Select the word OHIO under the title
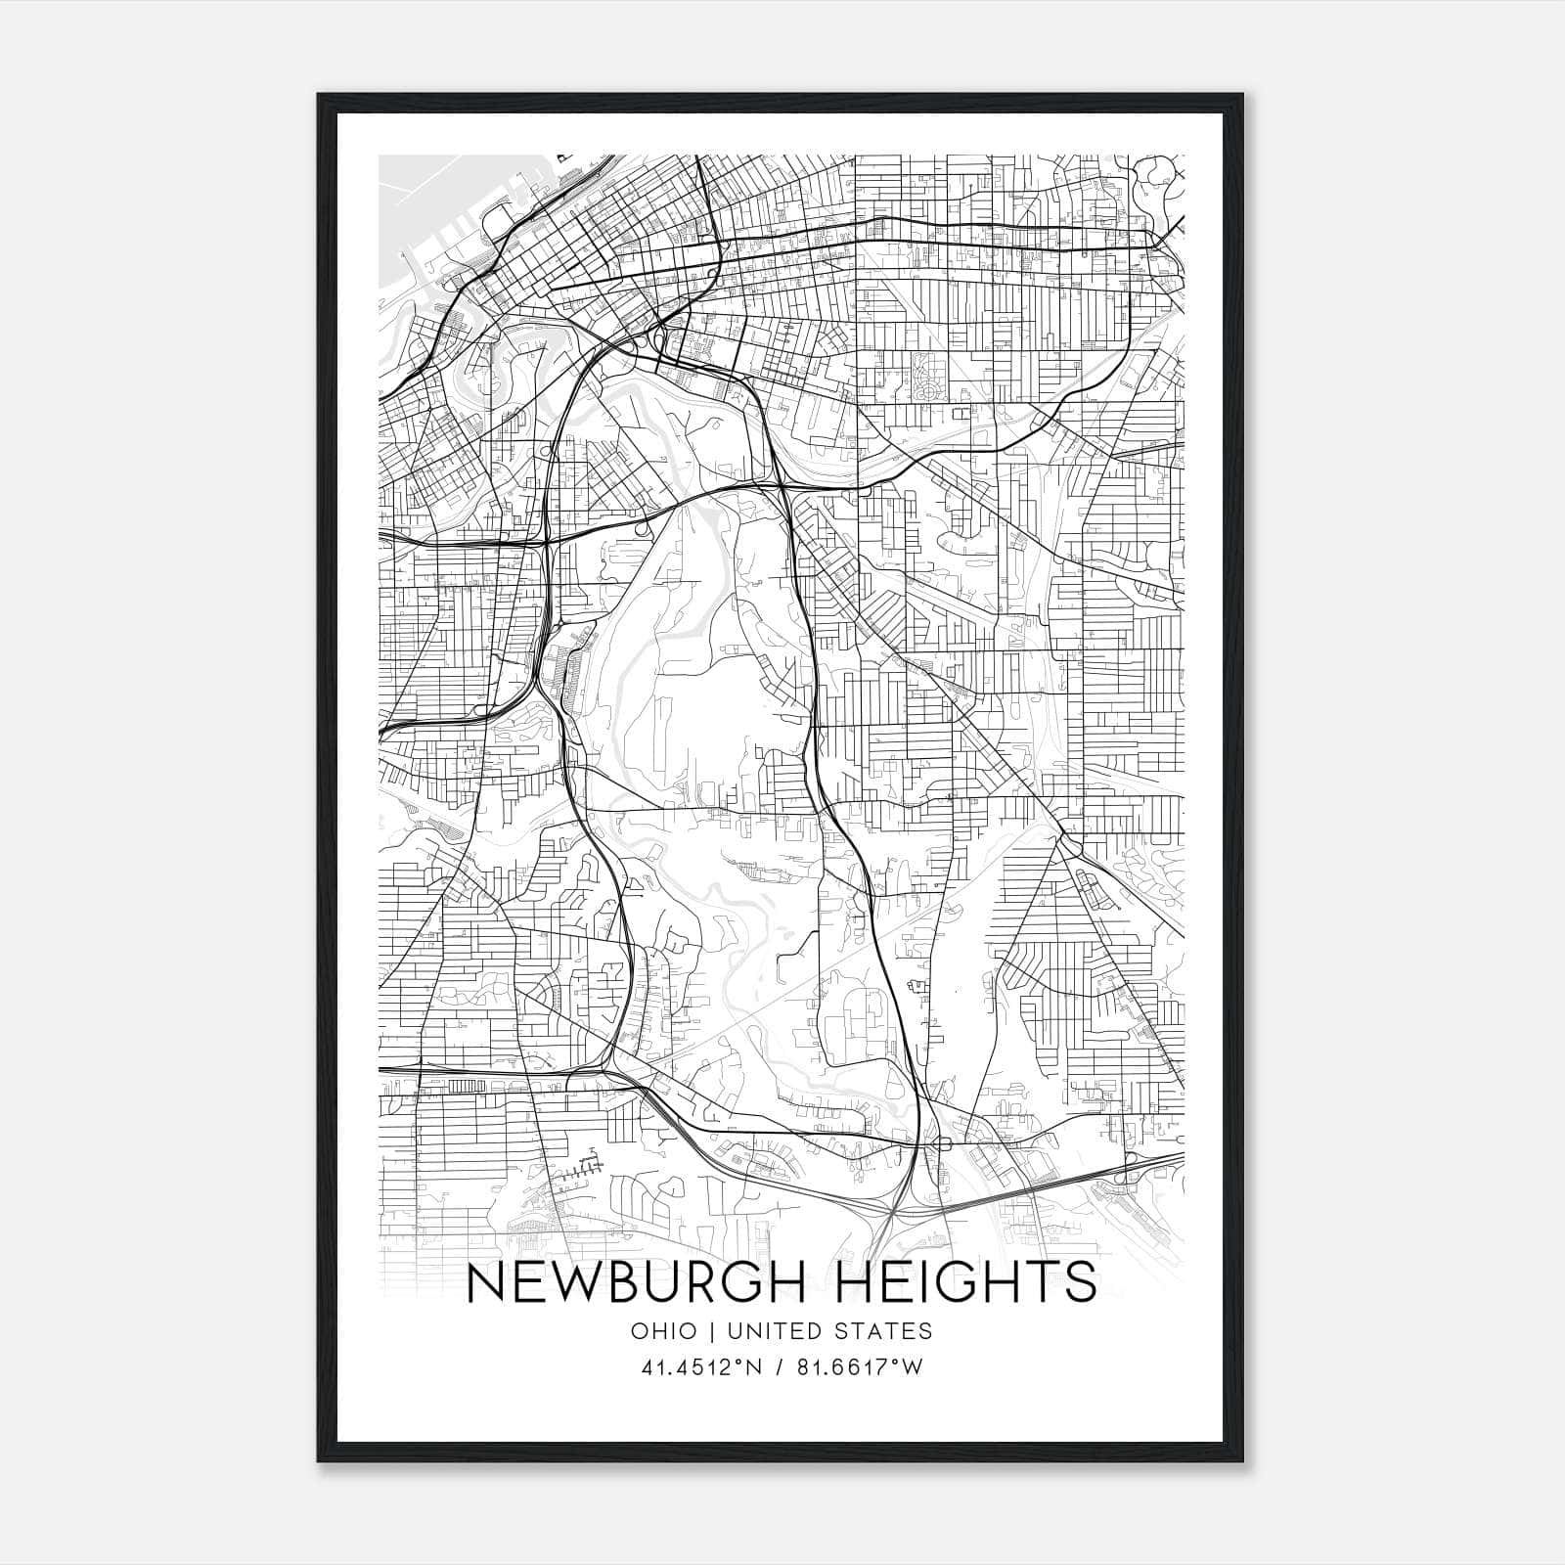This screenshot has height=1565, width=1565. (x=664, y=1331)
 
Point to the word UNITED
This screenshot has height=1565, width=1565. (x=772, y=1331)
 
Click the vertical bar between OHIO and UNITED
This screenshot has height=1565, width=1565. (x=709, y=1331)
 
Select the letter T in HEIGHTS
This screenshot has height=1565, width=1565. (x=1043, y=1282)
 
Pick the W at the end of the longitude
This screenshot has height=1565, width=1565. (x=912, y=1366)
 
